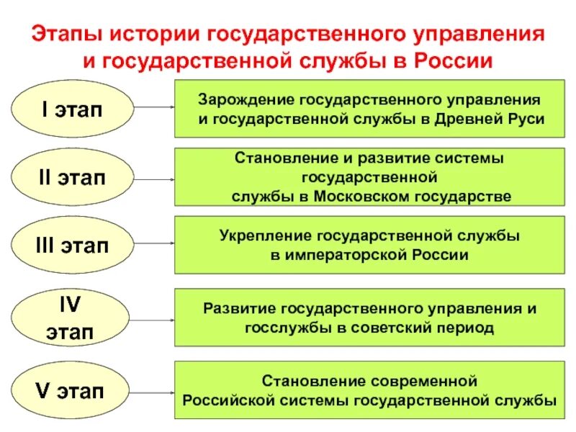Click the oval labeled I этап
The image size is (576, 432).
[x=72, y=109]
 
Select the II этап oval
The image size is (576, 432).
[x=72, y=177]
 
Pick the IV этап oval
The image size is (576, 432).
[x=72, y=316]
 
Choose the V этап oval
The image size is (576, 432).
[x=72, y=392]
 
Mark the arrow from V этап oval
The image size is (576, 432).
[x=154, y=392]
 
